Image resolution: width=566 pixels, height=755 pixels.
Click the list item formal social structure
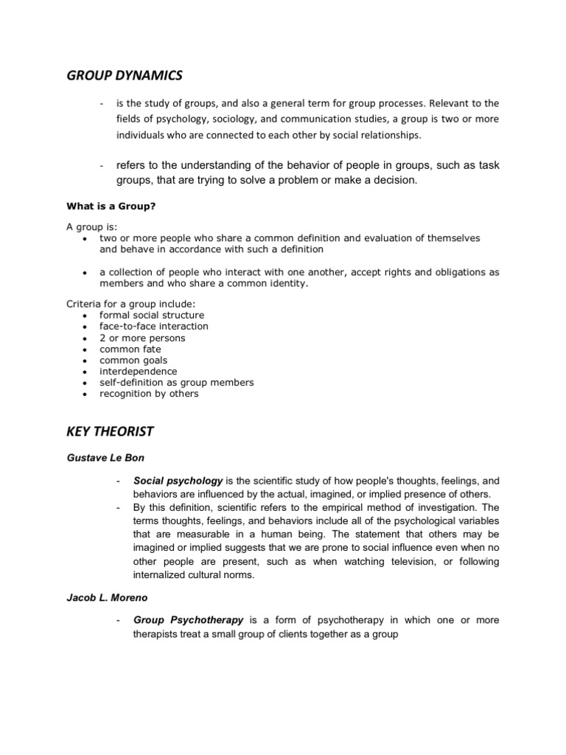coord(152,315)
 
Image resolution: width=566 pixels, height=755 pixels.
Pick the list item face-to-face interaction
coord(154,326)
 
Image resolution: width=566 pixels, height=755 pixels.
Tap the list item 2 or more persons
coord(142,338)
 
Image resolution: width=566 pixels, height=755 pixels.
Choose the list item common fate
coord(130,349)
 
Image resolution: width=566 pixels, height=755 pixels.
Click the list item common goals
coord(133,360)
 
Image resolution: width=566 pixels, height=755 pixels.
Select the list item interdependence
coord(139,371)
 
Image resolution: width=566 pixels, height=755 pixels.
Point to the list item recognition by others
coord(149,394)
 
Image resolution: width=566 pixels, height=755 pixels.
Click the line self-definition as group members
coord(177,383)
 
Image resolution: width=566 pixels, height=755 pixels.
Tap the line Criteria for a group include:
coord(129,303)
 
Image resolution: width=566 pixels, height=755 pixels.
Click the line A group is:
coord(91,226)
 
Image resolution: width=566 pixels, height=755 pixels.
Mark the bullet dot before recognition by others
coord(86,394)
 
